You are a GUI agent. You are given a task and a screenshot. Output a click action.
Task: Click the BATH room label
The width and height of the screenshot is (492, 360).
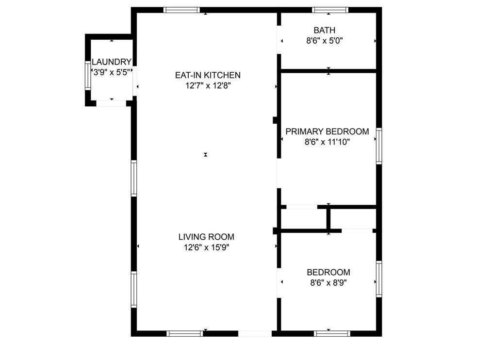[324, 31]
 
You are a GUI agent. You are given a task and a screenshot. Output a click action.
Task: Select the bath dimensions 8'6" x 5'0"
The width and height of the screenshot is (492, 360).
[324, 41]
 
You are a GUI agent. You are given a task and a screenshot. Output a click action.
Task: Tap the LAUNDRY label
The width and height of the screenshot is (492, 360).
[112, 62]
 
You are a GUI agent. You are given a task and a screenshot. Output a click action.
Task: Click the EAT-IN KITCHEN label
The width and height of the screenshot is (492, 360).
[208, 75]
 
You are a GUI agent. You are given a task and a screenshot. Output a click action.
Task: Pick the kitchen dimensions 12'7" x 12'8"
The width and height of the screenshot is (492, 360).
[208, 86]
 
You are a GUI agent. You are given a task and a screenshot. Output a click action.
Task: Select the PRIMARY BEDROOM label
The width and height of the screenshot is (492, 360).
[327, 131]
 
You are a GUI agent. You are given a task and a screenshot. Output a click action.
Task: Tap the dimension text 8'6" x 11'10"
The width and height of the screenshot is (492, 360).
[327, 142]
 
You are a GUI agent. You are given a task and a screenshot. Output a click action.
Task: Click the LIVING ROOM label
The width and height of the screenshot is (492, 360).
[206, 237]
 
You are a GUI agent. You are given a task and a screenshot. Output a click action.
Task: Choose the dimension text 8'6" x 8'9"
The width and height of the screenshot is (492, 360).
[328, 283]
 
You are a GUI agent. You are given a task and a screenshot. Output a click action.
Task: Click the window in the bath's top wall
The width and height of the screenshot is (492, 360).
[330, 10]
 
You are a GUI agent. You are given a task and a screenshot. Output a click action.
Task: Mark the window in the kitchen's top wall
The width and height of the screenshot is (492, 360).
[181, 10]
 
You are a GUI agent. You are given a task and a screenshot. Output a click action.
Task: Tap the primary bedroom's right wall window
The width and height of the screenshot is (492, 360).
[379, 146]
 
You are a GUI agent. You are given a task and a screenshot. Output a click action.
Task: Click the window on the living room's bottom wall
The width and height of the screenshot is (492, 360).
[185, 333]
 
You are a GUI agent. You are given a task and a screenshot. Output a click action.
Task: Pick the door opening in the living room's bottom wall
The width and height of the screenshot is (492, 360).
[255, 333]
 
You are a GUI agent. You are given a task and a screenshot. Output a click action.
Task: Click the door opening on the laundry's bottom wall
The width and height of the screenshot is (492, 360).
[111, 103]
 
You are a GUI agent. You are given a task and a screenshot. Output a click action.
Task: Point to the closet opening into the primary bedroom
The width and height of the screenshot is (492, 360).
[301, 207]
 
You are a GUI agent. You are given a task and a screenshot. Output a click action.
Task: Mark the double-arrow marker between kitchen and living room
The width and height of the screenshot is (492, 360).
[206, 155]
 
